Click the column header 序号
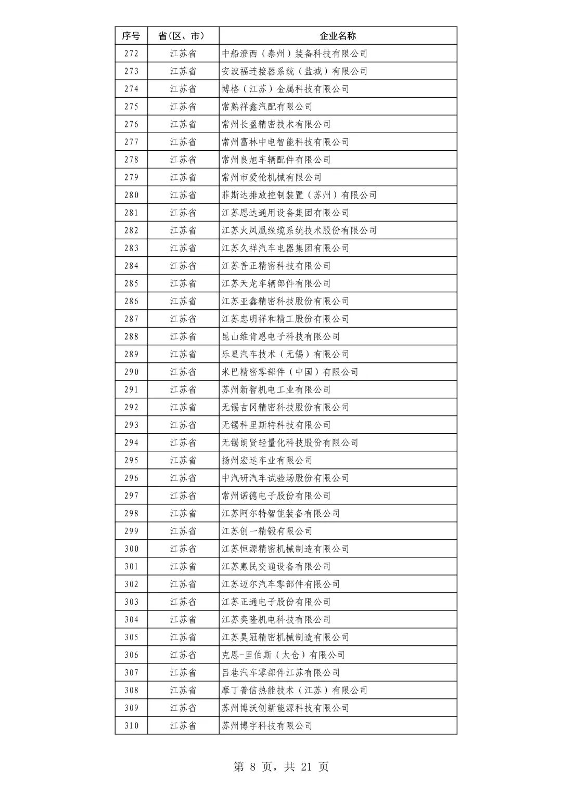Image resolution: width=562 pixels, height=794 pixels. [x=131, y=36]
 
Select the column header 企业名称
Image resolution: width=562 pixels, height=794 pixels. [x=338, y=36]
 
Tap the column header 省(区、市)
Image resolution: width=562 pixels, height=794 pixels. [x=183, y=36]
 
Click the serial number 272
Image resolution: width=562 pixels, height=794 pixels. [x=131, y=54]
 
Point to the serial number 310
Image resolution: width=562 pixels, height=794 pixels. [x=131, y=725]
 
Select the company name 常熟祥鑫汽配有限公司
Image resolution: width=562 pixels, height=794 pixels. [x=267, y=107]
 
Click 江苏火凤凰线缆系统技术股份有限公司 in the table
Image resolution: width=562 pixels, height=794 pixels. [x=299, y=230]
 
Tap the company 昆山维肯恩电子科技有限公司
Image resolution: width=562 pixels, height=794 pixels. [x=281, y=336]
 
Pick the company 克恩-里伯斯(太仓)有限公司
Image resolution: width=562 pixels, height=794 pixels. [x=283, y=655]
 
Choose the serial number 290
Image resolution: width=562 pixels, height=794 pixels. [x=131, y=372]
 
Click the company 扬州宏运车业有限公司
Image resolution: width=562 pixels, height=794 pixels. [x=267, y=460]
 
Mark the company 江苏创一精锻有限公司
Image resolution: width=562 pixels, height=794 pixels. [x=267, y=531]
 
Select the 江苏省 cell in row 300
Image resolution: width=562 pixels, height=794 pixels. [x=183, y=549]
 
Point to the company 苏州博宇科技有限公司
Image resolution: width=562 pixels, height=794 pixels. [x=267, y=725]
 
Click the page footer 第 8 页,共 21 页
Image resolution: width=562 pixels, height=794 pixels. [x=281, y=766]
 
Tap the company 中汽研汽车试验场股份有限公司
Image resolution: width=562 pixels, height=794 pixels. [x=286, y=478]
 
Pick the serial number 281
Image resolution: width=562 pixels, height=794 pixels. [x=131, y=213]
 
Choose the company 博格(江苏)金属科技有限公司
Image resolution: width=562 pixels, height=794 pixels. [x=286, y=89]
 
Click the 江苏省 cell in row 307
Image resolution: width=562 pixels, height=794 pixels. [x=183, y=672]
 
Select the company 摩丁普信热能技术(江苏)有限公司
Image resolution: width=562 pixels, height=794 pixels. [x=295, y=690]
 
